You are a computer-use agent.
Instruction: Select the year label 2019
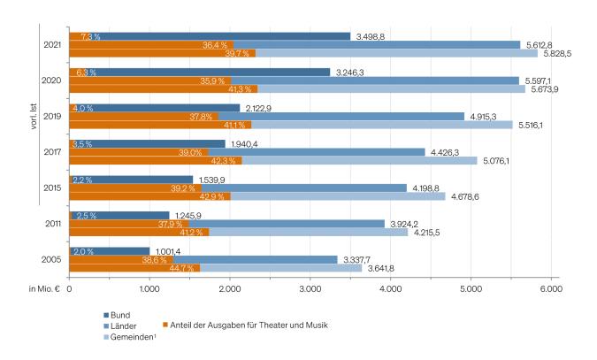click(51, 117)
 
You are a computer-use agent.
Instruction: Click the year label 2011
click(51, 224)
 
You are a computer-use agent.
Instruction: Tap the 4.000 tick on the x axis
click(391, 289)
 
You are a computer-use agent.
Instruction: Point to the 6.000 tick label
click(551, 289)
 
